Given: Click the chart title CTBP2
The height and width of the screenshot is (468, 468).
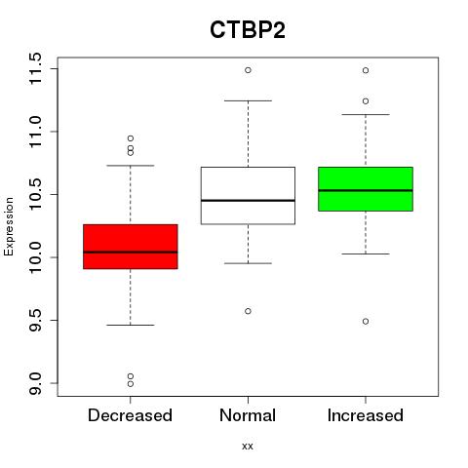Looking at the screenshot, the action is (248, 30).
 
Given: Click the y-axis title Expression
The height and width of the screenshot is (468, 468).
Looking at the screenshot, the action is (9, 226).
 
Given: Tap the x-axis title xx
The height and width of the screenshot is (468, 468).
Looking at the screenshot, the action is (248, 446).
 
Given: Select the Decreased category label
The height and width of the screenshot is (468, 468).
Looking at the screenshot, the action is (130, 415).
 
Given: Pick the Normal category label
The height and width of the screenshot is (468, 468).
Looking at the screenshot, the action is (248, 415).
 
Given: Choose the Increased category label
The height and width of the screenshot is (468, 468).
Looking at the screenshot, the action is (366, 415).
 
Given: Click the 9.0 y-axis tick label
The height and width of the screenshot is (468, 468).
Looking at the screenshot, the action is (35, 383).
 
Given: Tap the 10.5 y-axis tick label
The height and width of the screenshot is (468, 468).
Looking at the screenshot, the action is (35, 194).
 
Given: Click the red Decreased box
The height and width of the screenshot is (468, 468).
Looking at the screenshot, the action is (131, 247).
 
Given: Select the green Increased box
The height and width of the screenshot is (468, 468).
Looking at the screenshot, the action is (366, 189).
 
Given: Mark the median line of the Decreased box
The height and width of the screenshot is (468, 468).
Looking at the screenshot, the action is (131, 252).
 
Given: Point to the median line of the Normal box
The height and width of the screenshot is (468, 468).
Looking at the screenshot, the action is (248, 201).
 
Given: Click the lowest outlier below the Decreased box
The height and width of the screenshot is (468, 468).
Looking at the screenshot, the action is (131, 384).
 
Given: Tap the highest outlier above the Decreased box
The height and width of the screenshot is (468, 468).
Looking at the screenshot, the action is (131, 138).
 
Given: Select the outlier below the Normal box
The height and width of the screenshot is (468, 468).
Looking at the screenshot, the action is (248, 311).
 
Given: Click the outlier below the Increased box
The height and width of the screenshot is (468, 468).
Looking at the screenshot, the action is (366, 321).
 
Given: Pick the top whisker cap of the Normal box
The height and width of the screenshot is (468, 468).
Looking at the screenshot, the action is (248, 100).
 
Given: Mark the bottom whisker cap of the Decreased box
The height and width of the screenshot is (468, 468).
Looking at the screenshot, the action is (131, 325).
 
